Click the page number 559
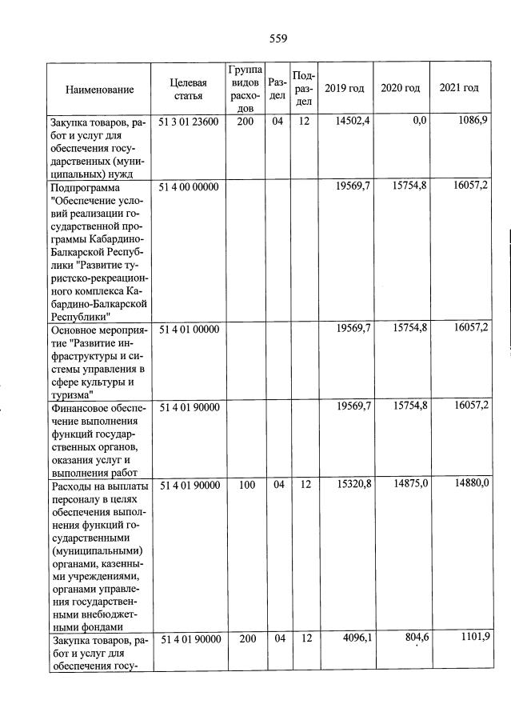(x=277, y=38)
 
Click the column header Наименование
(x=100, y=90)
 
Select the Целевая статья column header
(x=188, y=89)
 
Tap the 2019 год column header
(x=345, y=88)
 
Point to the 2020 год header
(x=400, y=88)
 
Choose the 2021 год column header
(x=459, y=88)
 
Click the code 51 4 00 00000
(x=190, y=187)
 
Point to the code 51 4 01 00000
(x=190, y=329)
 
